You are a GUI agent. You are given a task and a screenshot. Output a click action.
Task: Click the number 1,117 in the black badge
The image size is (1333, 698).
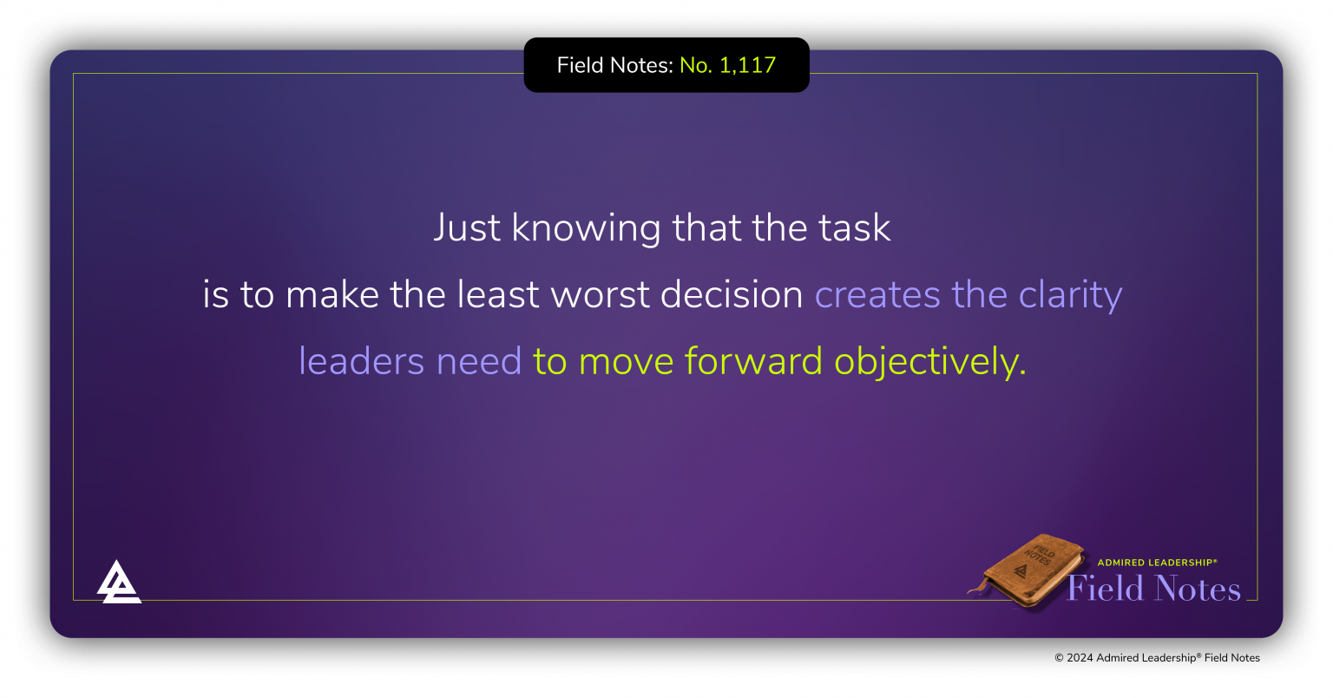coord(747,65)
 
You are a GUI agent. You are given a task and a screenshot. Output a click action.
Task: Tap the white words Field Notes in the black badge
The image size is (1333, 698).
coord(614,65)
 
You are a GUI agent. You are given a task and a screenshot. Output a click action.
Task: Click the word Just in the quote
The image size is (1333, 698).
coord(467,228)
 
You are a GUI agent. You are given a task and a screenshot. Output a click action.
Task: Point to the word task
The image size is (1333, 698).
coord(854,228)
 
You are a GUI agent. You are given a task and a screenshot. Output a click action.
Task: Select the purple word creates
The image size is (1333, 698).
coord(877,295)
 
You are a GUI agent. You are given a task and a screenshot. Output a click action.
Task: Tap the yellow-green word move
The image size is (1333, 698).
coord(626,361)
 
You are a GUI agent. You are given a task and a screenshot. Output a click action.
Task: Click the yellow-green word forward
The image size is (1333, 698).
coord(753,361)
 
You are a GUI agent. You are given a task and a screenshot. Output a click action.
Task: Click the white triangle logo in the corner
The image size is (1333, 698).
coord(118,582)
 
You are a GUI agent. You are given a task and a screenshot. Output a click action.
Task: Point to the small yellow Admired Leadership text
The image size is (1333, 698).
coord(1157,563)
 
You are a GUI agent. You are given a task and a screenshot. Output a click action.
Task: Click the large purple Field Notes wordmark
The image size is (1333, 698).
coord(1153,589)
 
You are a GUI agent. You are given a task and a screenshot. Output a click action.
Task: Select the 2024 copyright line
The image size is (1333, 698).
coord(1157,658)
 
